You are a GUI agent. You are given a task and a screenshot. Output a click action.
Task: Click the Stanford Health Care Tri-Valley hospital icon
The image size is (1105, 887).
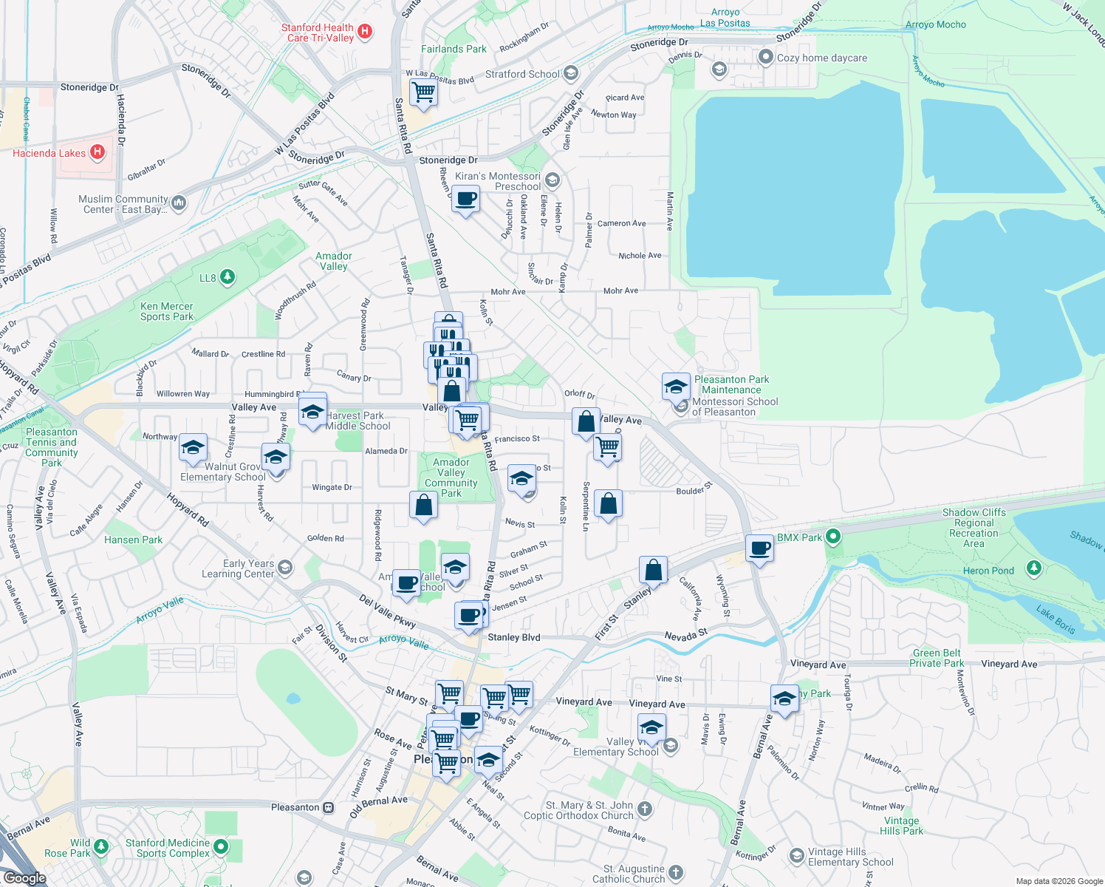pyautogui.click(x=364, y=32)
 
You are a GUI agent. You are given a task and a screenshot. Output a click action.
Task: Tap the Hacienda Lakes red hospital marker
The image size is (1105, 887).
pyautogui.click(x=97, y=152)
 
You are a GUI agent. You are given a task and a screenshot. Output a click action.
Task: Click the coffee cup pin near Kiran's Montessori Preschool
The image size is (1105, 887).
pyautogui.click(x=466, y=200)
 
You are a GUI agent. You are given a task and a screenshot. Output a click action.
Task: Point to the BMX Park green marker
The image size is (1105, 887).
pyautogui.click(x=833, y=537)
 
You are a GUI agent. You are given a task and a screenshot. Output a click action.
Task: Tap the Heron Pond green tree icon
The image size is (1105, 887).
pyautogui.click(x=1034, y=568)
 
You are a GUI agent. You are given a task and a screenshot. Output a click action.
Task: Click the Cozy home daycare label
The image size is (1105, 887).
pyautogui.click(x=821, y=58)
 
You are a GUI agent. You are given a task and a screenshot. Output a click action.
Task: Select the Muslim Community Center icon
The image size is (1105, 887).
pyautogui.click(x=178, y=203)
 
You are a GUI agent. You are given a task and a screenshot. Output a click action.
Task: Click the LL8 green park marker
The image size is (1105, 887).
pyautogui.click(x=227, y=277)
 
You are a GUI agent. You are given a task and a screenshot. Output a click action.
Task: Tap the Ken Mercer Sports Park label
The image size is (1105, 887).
pyautogui.click(x=167, y=311)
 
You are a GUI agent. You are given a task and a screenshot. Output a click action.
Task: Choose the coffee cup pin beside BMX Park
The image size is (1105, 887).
pyautogui.click(x=759, y=549)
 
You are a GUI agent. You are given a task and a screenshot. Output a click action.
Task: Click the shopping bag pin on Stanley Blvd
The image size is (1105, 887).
pyautogui.click(x=654, y=571)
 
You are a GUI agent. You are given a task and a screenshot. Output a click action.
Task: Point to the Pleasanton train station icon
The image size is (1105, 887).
pyautogui.click(x=328, y=807)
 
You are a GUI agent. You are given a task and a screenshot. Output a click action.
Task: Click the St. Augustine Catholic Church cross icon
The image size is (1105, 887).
pyautogui.click(x=675, y=873)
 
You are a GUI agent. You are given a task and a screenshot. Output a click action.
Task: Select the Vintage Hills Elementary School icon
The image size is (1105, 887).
pyautogui.click(x=796, y=855)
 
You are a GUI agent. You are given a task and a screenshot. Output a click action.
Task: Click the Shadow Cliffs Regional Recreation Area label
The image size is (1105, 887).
pyautogui.click(x=974, y=528)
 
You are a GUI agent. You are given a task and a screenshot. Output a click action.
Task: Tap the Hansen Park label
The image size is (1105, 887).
pyautogui.click(x=133, y=540)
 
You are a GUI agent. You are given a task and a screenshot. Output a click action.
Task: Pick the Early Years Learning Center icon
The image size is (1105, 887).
pyautogui.click(x=285, y=568)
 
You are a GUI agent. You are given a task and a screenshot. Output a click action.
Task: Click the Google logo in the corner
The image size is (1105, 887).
pyautogui.click(x=24, y=878)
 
